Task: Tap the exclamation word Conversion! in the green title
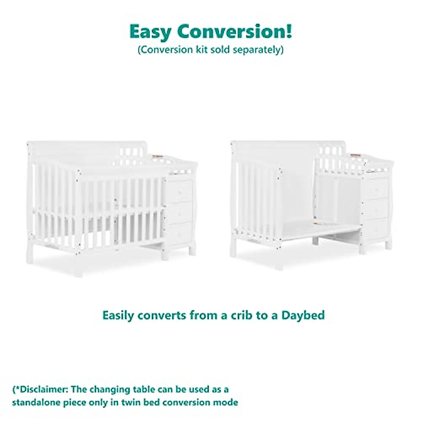(x=235, y=32)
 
